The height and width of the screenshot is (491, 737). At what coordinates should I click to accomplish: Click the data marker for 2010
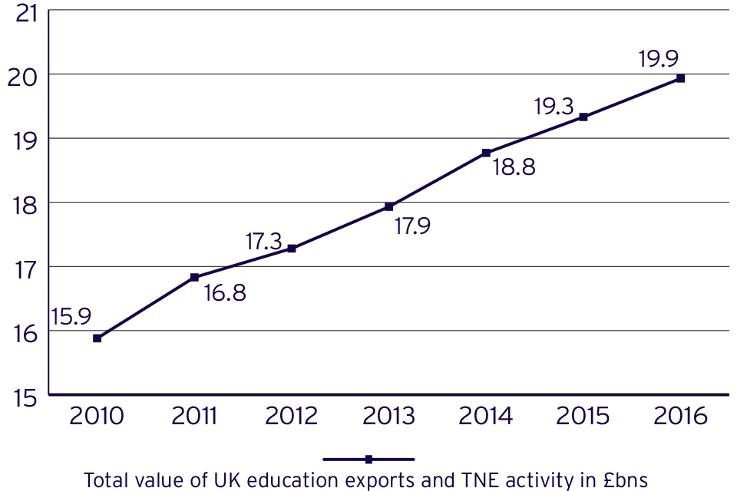(x=97, y=338)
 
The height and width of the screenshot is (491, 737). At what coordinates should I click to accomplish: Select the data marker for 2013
(x=388, y=206)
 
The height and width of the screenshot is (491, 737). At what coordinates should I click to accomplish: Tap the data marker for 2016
(x=680, y=78)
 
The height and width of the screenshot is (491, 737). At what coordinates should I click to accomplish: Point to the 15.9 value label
(x=71, y=316)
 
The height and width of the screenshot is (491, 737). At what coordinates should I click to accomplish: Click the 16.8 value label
(x=224, y=293)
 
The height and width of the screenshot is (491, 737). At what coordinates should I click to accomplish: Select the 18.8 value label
(x=514, y=168)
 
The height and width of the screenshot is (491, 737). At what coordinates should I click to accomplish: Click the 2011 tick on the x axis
(x=194, y=417)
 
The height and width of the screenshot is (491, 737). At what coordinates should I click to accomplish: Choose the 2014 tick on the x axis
(x=486, y=417)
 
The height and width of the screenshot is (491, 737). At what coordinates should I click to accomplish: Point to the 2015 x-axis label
(x=583, y=417)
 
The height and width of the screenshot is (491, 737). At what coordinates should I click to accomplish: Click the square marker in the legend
(x=368, y=460)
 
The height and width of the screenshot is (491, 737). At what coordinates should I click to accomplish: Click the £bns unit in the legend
(x=626, y=481)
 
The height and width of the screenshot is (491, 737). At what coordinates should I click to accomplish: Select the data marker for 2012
(x=292, y=249)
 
